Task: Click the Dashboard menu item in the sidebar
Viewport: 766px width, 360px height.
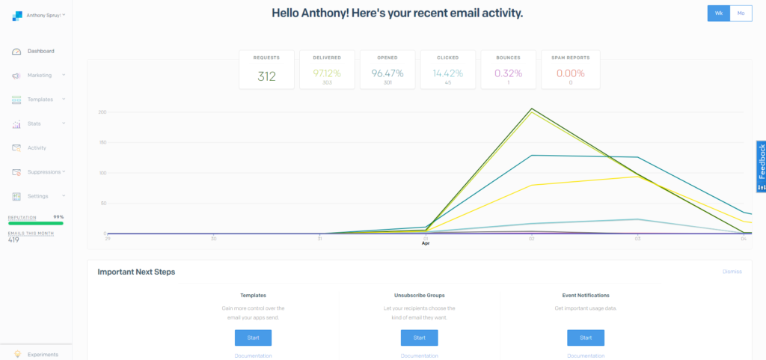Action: click(40, 52)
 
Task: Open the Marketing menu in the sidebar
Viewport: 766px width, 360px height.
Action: click(40, 76)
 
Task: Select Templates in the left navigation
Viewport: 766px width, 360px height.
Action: click(40, 100)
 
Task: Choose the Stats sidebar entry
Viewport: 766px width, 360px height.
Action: click(34, 123)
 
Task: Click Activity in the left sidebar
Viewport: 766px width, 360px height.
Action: click(37, 148)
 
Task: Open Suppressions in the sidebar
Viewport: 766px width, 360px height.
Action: click(43, 172)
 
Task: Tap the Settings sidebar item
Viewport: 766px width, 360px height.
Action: click(37, 196)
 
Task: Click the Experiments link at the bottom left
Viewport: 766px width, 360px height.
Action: click(43, 354)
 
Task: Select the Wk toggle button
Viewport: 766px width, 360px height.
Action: click(719, 13)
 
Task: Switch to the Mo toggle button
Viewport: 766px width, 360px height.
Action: click(741, 13)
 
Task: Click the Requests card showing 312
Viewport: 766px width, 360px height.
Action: click(267, 70)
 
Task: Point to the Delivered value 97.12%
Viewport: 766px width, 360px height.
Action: click(327, 73)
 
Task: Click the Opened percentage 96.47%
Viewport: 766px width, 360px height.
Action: click(387, 73)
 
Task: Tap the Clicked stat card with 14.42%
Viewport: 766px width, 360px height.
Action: click(447, 70)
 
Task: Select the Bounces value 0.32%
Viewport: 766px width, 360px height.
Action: click(508, 73)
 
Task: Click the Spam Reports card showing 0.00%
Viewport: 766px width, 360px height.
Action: click(570, 70)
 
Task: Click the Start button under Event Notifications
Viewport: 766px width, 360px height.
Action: click(586, 338)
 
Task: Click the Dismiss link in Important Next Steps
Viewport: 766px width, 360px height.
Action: click(732, 272)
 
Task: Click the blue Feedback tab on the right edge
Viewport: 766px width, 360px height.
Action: click(761, 167)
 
